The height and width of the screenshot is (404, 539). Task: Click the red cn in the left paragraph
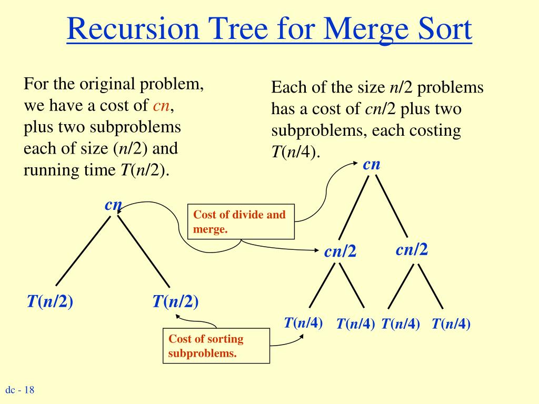pyautogui.click(x=161, y=106)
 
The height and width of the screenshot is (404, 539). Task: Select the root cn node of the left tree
pyautogui.click(x=113, y=205)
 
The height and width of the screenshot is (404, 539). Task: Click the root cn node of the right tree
pyautogui.click(x=372, y=164)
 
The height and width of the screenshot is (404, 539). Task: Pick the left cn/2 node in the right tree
pyautogui.click(x=340, y=252)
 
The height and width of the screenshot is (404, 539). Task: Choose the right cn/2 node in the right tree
pyautogui.click(x=412, y=249)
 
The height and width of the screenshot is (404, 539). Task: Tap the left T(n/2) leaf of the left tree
pyautogui.click(x=50, y=301)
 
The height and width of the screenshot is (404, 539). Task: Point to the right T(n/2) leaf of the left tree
pyautogui.click(x=175, y=301)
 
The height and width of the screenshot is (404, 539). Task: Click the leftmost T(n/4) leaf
pyautogui.click(x=303, y=322)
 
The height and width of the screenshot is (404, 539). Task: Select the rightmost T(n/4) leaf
pyautogui.click(x=451, y=324)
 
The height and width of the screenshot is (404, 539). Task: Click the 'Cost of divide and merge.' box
pyautogui.click(x=241, y=221)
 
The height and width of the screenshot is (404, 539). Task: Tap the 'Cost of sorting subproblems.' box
pyautogui.click(x=216, y=346)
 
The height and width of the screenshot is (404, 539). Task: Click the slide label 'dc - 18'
pyautogui.click(x=20, y=390)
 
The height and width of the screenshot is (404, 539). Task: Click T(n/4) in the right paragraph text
pyautogui.click(x=295, y=153)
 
